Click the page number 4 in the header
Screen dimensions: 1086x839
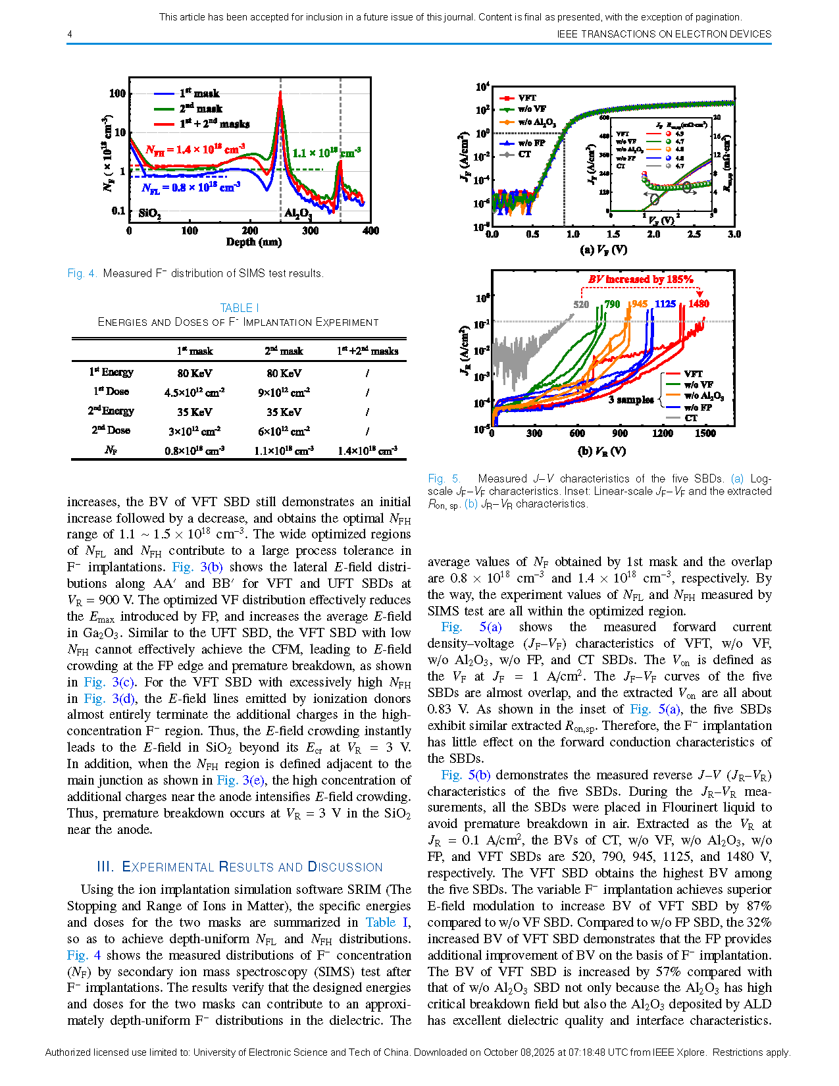(70, 34)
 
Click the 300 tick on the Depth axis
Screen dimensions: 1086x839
(311, 230)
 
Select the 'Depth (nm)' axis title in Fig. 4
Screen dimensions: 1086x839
(254, 242)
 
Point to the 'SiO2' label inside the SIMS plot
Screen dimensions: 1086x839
(150, 213)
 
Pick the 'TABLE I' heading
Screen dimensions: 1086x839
(239, 308)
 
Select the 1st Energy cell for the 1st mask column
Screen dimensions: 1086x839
(194, 373)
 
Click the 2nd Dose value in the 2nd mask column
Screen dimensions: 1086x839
(284, 430)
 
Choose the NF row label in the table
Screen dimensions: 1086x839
(111, 450)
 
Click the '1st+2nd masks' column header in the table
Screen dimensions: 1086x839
(367, 351)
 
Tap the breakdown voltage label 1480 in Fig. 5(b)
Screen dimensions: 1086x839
(699, 303)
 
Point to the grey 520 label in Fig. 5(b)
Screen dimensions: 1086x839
(581, 304)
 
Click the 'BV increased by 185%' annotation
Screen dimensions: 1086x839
(640, 279)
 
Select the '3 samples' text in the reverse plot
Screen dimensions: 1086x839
(630, 400)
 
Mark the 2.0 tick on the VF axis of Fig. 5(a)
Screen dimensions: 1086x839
(653, 234)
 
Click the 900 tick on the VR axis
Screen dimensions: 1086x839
(620, 433)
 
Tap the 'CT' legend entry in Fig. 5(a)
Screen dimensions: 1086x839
(524, 154)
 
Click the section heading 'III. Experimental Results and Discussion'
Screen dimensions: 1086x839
(240, 867)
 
